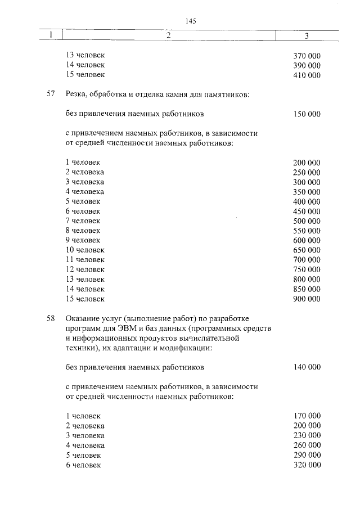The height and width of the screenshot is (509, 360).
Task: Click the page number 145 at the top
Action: [x=190, y=21]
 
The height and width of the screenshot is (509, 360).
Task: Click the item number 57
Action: [x=51, y=94]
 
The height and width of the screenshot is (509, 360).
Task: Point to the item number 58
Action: [x=51, y=319]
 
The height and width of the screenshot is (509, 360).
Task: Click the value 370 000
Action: [x=307, y=56]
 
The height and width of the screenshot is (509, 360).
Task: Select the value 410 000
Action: [x=307, y=75]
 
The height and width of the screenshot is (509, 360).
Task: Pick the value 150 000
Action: [x=307, y=114]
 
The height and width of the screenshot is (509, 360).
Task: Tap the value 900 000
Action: [x=307, y=299]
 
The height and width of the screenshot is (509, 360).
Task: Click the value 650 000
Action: [x=307, y=250]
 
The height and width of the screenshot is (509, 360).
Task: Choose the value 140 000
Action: [x=307, y=367]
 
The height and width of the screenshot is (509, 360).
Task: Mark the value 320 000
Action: [x=307, y=465]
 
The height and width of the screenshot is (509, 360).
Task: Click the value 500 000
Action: [x=307, y=220]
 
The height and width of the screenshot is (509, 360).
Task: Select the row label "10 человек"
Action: [x=85, y=250]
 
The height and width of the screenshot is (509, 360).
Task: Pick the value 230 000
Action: [x=307, y=436]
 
